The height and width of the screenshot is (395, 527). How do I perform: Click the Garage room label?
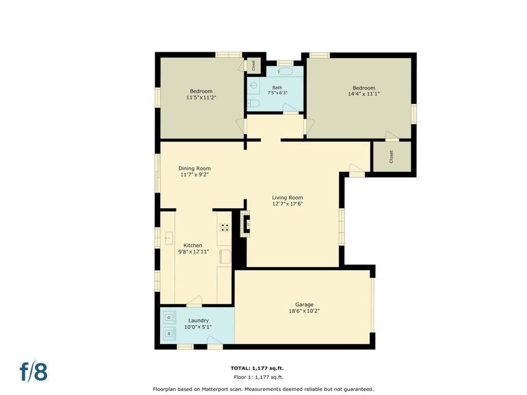coord(304,304)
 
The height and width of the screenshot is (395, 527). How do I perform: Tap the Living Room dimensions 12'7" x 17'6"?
coord(287,204)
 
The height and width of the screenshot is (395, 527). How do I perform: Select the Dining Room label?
coord(195,169)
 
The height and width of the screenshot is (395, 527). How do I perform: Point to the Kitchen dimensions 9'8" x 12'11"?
coord(194,252)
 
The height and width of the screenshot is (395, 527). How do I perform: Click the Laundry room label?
coord(198,321)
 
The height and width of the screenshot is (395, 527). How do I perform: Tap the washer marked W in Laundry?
coord(170,333)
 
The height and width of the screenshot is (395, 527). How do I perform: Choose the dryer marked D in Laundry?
coord(170,317)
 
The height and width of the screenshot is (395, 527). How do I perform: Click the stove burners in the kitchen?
coord(224,227)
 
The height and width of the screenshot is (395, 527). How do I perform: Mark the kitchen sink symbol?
coord(169,238)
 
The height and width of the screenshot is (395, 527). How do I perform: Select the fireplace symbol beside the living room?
coord(245,224)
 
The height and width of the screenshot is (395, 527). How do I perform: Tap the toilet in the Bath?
coord(254,103)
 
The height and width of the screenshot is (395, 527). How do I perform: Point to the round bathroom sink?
coord(253,86)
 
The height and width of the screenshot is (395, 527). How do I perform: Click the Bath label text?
coord(277,87)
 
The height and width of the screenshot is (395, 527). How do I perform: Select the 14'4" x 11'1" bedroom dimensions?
coord(364,94)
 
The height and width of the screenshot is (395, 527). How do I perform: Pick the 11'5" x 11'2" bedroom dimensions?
coord(201,97)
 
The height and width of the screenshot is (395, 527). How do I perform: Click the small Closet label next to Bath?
coord(254,65)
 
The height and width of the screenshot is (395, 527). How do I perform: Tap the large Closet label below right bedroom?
coord(391,157)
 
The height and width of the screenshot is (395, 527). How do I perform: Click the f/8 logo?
coord(33,371)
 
